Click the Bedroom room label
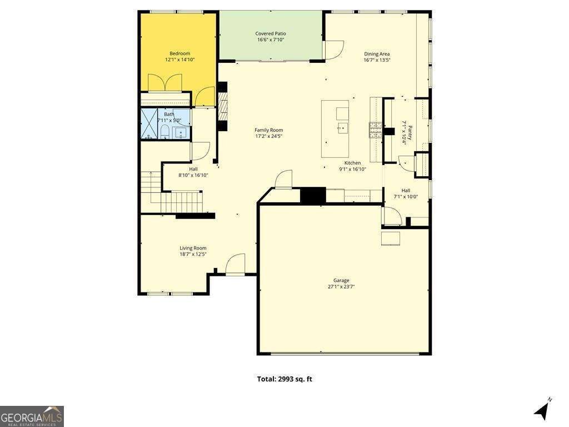[x=179, y=53]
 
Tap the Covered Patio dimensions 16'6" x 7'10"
[x=271, y=40]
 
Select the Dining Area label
[x=377, y=54]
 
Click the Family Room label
[x=269, y=130]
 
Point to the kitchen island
[x=336, y=129]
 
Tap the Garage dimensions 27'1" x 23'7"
[x=341, y=287]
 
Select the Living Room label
[x=193, y=248]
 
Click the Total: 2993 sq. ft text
[x=284, y=379]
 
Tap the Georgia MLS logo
[x=32, y=416]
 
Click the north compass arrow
[x=542, y=410]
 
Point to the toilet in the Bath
[x=164, y=132]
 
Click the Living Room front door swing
[x=236, y=264]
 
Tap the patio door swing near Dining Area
[x=333, y=50]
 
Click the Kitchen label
[x=353, y=163]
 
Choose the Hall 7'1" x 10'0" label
[x=406, y=193]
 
